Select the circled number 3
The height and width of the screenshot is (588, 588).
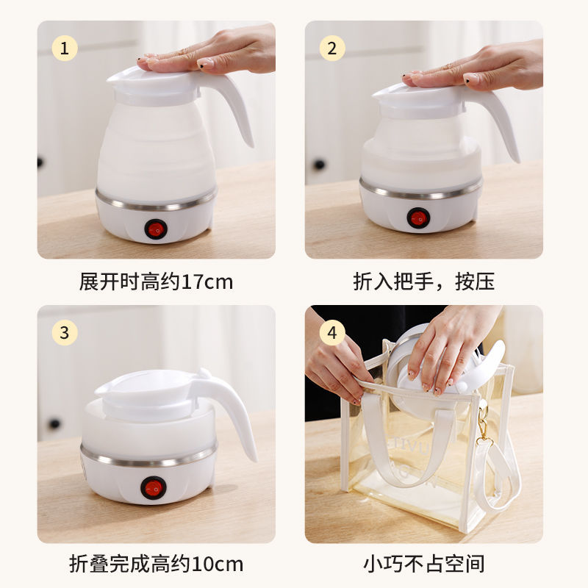[x=65, y=332]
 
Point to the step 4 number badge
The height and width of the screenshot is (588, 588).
[x=332, y=332]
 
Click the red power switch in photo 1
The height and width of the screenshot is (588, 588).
[x=155, y=229]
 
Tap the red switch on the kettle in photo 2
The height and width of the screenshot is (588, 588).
[x=418, y=218]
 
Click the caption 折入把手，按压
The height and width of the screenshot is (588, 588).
[x=424, y=282]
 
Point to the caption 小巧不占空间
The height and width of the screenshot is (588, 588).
[x=424, y=564]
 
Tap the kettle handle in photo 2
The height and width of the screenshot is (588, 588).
[x=501, y=118]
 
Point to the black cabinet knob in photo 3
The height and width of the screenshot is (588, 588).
[x=54, y=424]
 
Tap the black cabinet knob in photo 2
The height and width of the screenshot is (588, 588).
[x=319, y=164]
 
